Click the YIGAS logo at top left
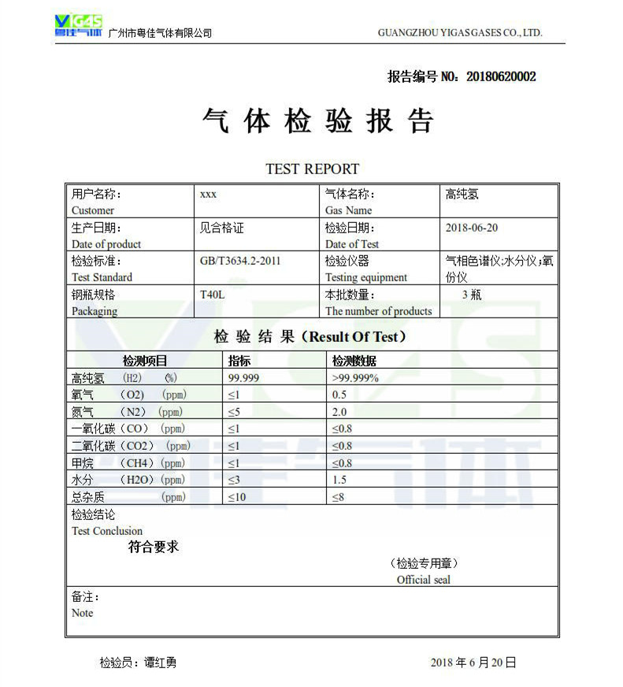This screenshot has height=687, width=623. [x=78, y=25]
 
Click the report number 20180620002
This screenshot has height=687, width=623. [x=501, y=76]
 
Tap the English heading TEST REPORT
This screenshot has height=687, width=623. [x=312, y=169]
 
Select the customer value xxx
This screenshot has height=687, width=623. [x=209, y=194]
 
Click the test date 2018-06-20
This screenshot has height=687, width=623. [x=471, y=228]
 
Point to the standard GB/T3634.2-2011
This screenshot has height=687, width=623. [x=240, y=261]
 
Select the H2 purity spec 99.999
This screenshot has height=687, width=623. [x=243, y=378]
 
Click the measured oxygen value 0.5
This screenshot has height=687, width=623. [x=339, y=395]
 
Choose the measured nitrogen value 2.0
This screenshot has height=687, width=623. [x=339, y=412]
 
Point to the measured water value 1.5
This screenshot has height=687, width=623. [x=339, y=480]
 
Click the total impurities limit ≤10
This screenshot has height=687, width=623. [x=237, y=497]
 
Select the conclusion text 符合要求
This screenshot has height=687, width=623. [x=154, y=547]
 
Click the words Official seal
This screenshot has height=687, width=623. [x=423, y=580]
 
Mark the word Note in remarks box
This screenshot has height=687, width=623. [x=82, y=613]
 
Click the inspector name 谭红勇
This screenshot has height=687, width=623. [x=160, y=663]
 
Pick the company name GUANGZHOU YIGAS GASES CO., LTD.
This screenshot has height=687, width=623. [x=460, y=33]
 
